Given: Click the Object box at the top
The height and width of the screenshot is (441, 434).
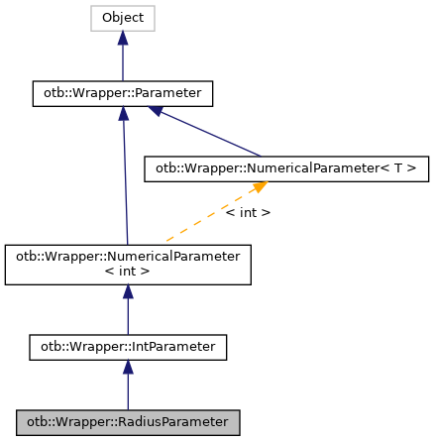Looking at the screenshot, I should coord(123,18).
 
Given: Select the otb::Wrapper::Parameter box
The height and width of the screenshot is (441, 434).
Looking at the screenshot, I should coord(123,94).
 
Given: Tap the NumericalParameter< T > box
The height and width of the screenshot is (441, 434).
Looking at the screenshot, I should coord(286,169).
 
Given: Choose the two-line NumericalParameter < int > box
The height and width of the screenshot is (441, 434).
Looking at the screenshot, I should coord(128,263).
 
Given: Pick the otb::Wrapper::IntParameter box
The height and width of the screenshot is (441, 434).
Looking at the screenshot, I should coord(128,348).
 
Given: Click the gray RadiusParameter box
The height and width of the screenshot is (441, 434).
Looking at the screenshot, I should coord(128,423).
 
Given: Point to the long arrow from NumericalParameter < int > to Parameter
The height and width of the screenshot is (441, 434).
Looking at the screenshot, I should coord(125,178).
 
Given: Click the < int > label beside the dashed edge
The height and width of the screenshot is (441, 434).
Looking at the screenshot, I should coord(247,212).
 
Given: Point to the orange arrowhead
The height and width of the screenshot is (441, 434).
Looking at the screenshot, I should coord(259,187).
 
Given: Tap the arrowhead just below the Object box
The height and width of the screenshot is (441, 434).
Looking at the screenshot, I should coord(123,38).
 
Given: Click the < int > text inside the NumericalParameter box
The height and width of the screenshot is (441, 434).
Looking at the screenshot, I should coord(128,271).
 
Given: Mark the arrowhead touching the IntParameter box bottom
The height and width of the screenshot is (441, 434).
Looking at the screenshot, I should coord(128,367).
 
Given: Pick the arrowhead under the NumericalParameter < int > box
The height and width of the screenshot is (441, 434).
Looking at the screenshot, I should coord(128,292).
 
